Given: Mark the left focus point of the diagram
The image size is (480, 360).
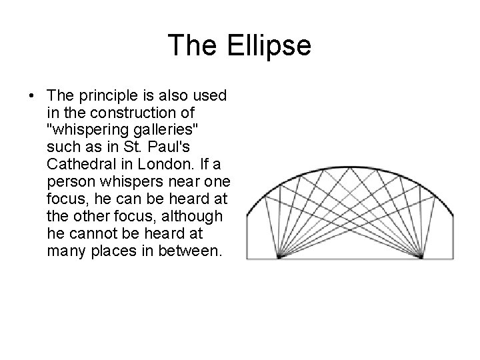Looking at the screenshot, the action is coord(279,256).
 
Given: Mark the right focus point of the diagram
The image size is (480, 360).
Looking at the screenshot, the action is coord(421,256).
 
